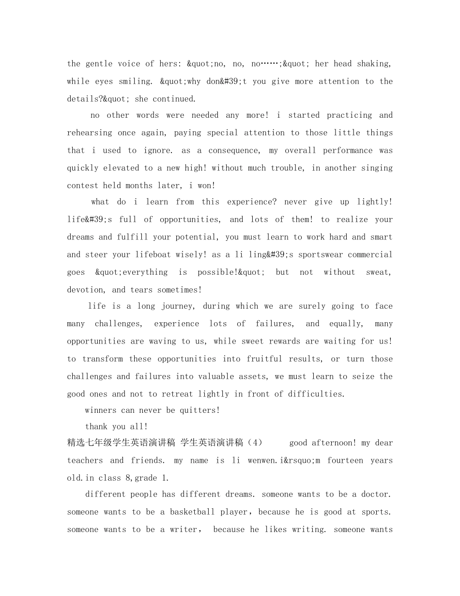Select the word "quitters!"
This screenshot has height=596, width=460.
(x=200, y=410)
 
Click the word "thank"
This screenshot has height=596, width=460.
(x=96, y=427)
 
